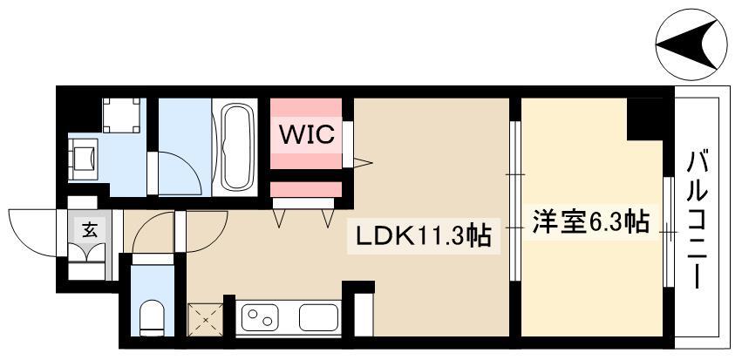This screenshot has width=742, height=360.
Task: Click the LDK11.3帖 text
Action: (x=421, y=235)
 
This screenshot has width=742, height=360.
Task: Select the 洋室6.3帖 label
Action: (x=589, y=222)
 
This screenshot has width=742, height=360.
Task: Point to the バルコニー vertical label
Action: (x=697, y=218)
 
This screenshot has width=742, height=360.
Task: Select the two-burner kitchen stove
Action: (x=259, y=316)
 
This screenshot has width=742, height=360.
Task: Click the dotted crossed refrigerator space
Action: (x=206, y=317)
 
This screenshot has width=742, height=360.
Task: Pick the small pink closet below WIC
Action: (x=304, y=189)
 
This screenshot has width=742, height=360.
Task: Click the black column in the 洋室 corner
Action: (x=645, y=119)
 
